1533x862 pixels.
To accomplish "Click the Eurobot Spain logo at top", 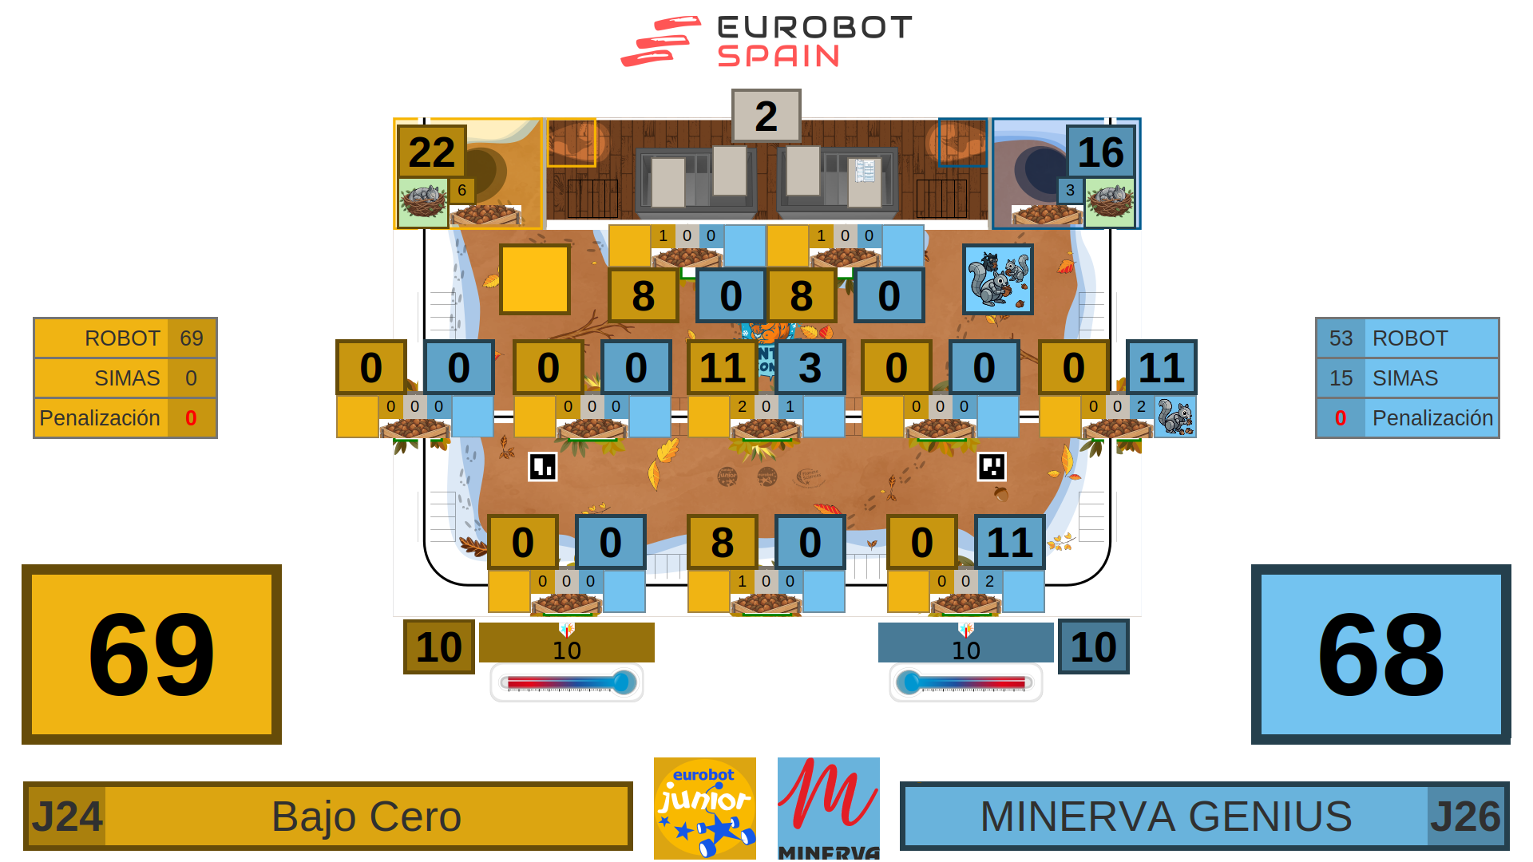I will pos(766,42).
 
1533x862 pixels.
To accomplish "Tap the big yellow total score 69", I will pos(152,654).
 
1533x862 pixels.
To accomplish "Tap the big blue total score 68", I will pos(1380,654).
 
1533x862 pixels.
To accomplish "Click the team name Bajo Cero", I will pos(366,817).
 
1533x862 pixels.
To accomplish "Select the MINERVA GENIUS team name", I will pos(1166,817).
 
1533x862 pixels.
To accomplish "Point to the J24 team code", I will pos(67,817).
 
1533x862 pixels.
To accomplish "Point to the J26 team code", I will pos(1465,817).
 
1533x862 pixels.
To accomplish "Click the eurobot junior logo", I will pos(704,808).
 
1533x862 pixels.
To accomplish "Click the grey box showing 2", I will pos(766,116).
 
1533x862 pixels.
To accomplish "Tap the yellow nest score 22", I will pos(432,152).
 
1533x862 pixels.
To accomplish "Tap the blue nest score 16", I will pos(1100,152).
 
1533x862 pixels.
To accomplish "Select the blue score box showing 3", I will pos(810,367).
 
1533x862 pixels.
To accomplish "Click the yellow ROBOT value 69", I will pos(192,338).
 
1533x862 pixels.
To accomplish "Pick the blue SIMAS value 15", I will pos(1341,378).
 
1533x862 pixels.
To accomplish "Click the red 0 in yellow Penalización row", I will pos(191,418).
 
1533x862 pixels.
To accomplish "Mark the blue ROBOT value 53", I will pos(1341,338).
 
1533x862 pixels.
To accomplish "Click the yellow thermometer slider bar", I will pos(567,682).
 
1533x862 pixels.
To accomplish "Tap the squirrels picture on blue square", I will pos(997,279).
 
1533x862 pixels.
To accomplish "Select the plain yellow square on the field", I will pos(534,279).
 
